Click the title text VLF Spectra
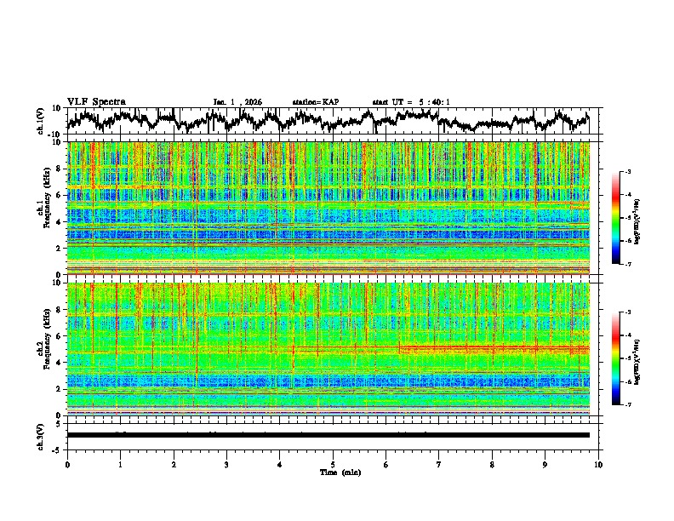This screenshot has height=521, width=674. (x=96, y=102)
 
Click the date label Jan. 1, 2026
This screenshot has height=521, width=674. (x=237, y=102)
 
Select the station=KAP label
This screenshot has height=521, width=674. (x=315, y=102)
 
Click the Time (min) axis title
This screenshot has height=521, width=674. (x=333, y=472)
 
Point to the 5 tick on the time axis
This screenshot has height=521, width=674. (x=333, y=464)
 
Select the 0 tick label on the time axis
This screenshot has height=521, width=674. (x=67, y=464)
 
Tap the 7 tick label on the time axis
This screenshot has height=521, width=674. (x=439, y=464)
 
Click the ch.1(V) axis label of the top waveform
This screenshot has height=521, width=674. (x=42, y=121)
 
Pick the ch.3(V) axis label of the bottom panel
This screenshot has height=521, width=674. (x=42, y=435)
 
